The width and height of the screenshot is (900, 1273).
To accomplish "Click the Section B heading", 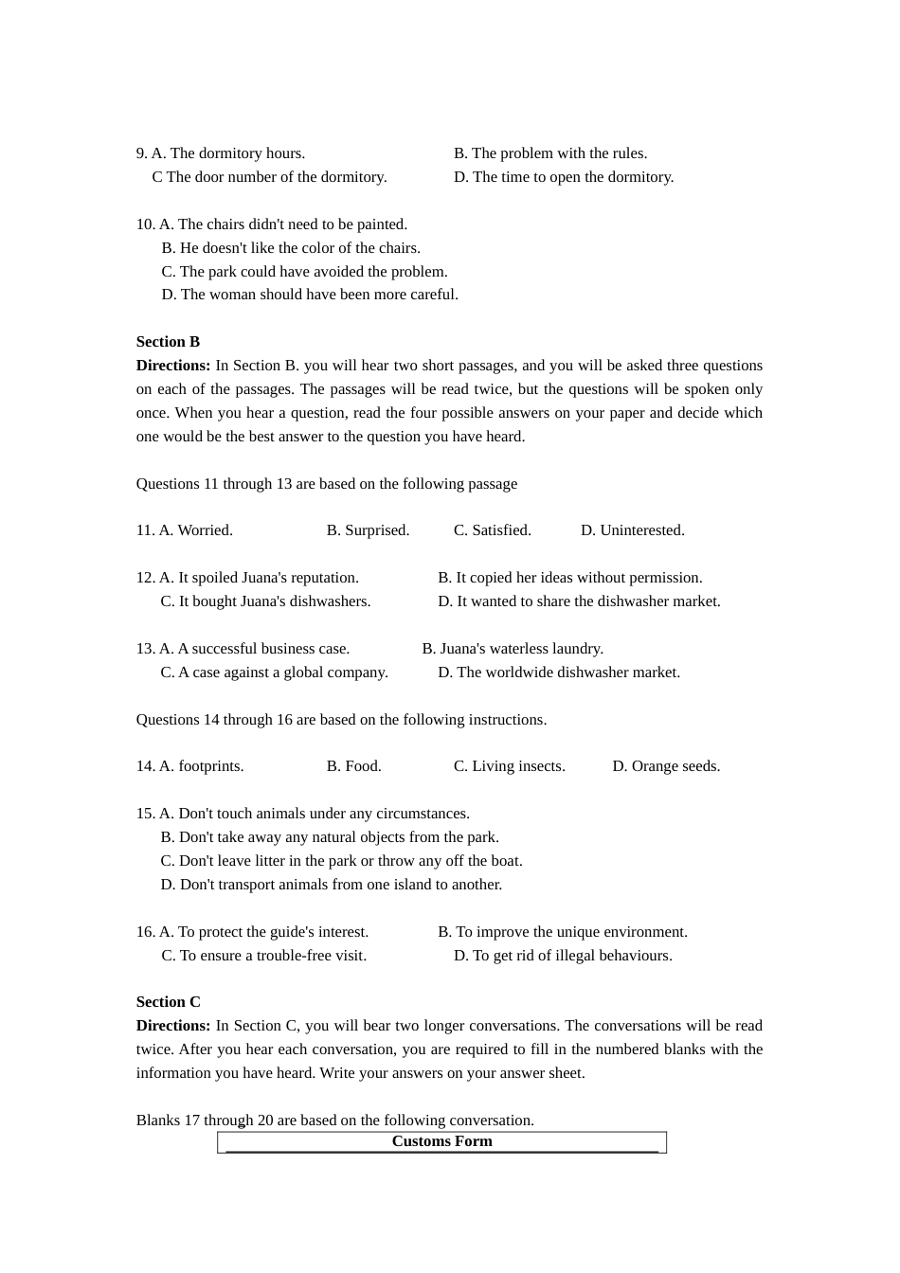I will point(168,342).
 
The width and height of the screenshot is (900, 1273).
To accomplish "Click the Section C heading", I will point(168,1002).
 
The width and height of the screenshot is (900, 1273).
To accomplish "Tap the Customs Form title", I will point(441,1141).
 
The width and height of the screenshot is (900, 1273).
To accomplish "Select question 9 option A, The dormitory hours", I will point(227,153).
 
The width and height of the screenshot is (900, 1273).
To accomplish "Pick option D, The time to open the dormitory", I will point(564,177).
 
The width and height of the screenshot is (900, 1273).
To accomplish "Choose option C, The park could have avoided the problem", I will point(304,272).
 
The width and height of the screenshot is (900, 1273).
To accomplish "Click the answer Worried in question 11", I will point(195,530).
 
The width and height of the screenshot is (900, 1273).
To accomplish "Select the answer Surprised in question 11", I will point(368,530).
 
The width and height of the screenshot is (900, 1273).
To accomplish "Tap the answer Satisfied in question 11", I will point(492,530).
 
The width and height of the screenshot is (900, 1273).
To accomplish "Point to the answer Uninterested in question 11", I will point(632,530).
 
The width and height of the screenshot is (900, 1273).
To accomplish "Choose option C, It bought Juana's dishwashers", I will point(265,601).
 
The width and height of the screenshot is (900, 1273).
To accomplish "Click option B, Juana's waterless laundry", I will point(513,649).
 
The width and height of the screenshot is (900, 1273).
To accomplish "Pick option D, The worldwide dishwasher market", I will point(559,672).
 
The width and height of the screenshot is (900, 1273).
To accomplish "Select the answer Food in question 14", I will point(353,766).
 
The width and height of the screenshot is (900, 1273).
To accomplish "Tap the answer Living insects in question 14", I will point(509,766).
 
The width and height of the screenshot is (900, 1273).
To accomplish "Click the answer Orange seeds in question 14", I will point(666,766).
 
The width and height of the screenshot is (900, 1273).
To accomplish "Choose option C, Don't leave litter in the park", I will point(341,861).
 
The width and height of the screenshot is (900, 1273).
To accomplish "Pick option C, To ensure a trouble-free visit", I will point(263,956).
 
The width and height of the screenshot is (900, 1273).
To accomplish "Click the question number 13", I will point(145,649).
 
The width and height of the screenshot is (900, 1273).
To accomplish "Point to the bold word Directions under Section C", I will point(172,1026).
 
